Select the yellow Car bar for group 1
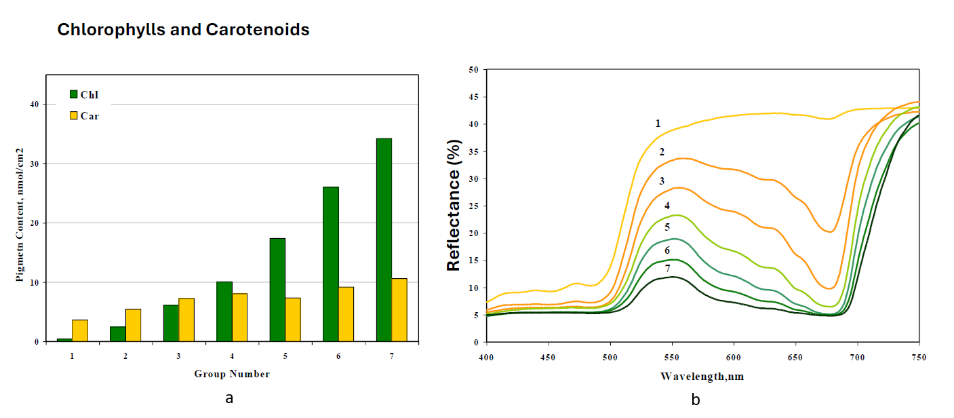coord(80,330)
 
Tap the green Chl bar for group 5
coord(277,290)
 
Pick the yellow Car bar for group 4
coord(239,317)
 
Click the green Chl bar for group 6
coord(331,264)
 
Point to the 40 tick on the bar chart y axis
coord(33,104)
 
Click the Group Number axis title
coord(232,374)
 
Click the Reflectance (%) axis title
coord(453,206)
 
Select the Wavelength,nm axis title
coord(702,375)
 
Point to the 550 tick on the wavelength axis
coord(672,357)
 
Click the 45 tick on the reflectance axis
coord(474,97)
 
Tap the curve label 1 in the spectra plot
coord(658,123)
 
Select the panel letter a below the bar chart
coord(229,398)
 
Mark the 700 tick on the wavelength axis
coord(857,357)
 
